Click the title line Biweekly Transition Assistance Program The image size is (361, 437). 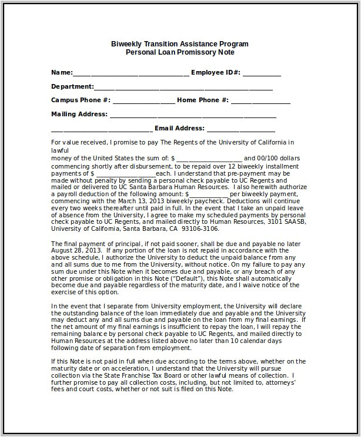(180, 44)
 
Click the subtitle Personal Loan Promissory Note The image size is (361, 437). (180, 52)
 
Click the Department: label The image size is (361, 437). (72, 86)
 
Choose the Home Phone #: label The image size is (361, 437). (203, 100)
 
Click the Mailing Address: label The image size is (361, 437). (79, 115)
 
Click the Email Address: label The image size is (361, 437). (179, 129)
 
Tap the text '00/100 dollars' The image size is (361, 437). (279, 159)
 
